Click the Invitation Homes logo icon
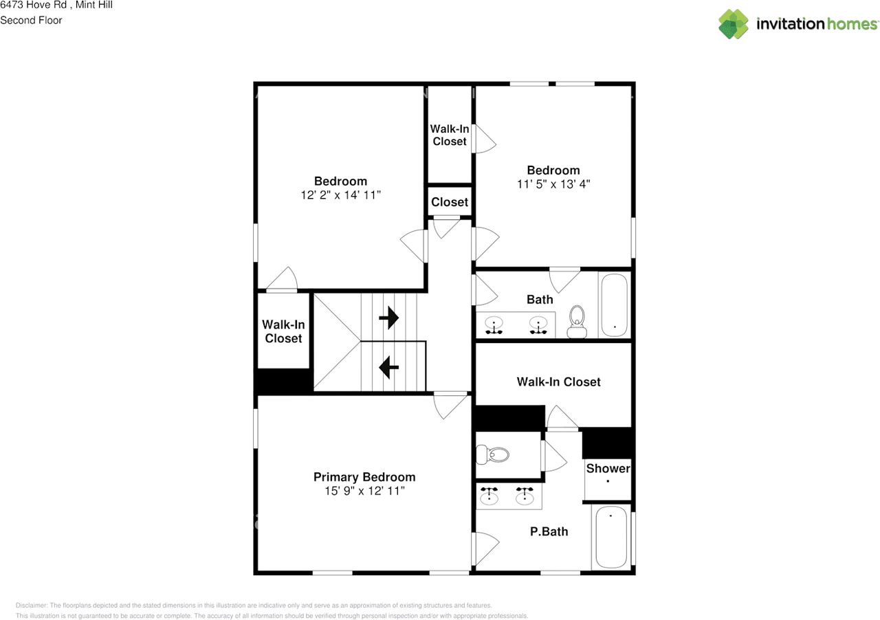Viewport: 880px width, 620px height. point(734,24)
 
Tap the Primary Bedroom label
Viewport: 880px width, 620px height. point(364,477)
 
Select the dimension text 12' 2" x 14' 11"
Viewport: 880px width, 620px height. point(340,195)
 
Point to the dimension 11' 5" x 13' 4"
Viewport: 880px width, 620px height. point(553,184)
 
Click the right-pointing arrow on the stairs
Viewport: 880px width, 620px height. point(389,318)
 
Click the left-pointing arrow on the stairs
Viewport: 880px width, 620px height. point(389,367)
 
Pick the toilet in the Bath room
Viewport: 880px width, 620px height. point(577,321)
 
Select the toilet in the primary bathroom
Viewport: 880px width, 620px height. point(493,454)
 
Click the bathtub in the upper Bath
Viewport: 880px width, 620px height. point(613,305)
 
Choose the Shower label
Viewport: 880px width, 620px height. point(608,469)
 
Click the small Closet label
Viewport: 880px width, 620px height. point(450,202)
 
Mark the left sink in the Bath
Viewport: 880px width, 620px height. point(494,323)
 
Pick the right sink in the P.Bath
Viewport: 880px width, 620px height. point(525,496)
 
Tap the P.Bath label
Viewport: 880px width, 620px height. point(549,531)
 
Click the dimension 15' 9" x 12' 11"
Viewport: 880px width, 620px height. point(364,491)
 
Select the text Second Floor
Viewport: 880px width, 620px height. point(31,20)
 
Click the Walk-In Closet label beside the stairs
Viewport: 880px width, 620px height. point(283,331)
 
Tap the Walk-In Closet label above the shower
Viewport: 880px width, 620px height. point(558,381)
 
